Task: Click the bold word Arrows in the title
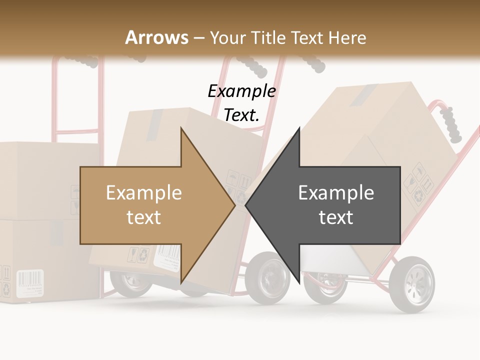click(157, 37)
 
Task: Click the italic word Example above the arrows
click(241, 91)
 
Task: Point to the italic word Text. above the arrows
click(241, 115)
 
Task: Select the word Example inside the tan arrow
click(144, 192)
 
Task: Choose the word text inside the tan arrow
click(144, 217)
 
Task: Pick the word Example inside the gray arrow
click(336, 192)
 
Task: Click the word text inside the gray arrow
click(336, 217)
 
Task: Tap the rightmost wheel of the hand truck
click(413, 283)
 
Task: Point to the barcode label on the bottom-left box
click(30, 283)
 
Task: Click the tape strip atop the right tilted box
click(364, 95)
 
